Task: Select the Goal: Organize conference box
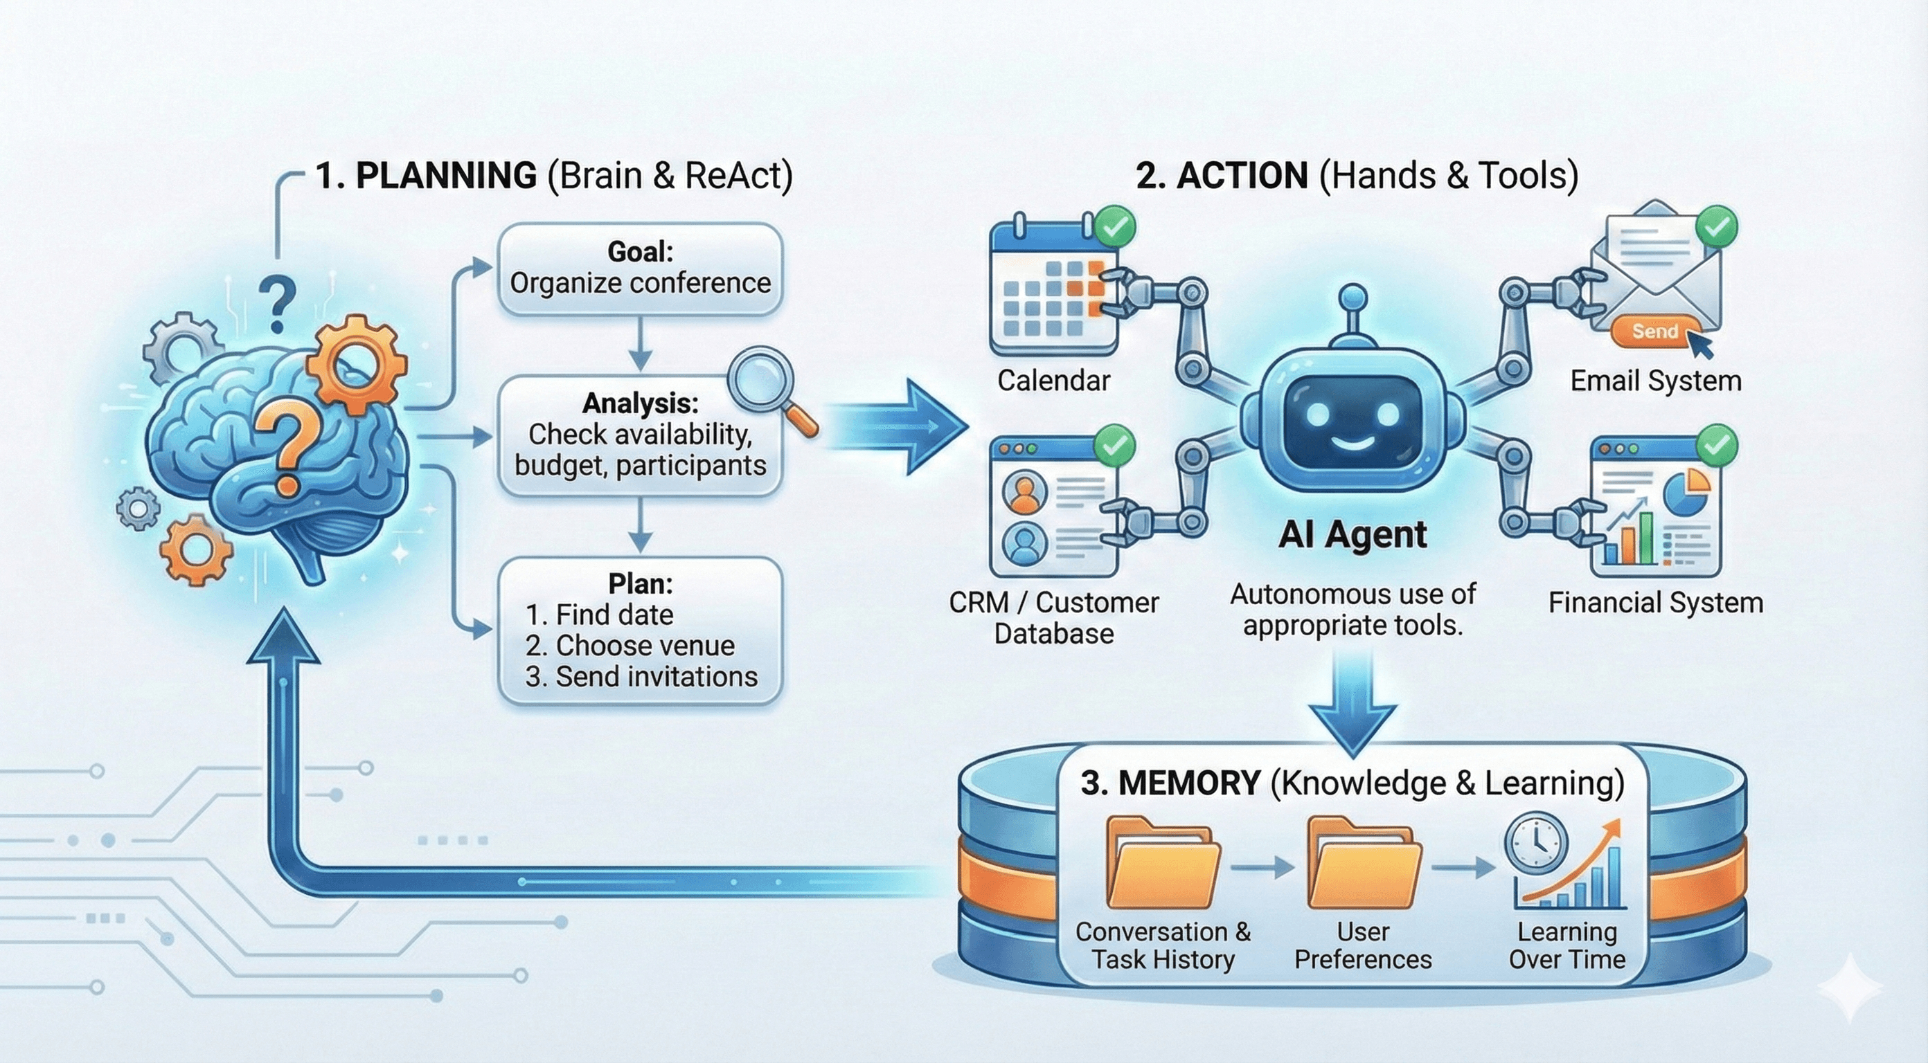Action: [x=640, y=269]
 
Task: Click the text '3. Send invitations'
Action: [x=641, y=676]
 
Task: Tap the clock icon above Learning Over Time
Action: [x=1536, y=844]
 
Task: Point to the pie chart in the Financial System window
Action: [x=1686, y=491]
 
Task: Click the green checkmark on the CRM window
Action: [x=1114, y=446]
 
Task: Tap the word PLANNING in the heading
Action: [x=446, y=176]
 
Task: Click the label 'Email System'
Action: [x=1655, y=381]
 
